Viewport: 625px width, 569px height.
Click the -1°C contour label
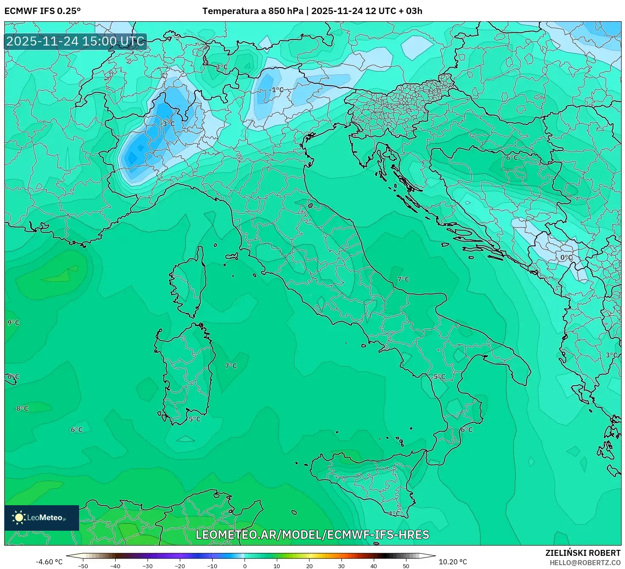pyautogui.click(x=276, y=90)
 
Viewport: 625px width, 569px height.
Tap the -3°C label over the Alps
pyautogui.click(x=168, y=124)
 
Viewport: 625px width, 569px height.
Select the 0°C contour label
pyautogui.click(x=566, y=258)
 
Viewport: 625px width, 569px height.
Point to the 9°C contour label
pyautogui.click(x=13, y=323)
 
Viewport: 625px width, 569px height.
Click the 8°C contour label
pyautogui.click(x=22, y=409)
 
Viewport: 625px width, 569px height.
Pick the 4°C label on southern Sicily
pyautogui.click(x=394, y=514)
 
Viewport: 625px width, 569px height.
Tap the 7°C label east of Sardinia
pyautogui.click(x=231, y=366)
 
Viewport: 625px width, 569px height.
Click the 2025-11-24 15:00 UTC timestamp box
pyautogui.click(x=76, y=42)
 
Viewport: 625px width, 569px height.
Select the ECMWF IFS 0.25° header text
pyautogui.click(x=43, y=11)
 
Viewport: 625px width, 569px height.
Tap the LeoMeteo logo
pyautogui.click(x=42, y=518)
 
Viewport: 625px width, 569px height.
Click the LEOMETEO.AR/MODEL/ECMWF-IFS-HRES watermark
pyautogui.click(x=312, y=535)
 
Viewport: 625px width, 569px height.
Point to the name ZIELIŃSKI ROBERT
pyautogui.click(x=582, y=553)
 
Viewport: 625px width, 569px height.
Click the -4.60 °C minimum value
pyautogui.click(x=49, y=562)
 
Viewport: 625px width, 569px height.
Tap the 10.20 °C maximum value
pyautogui.click(x=453, y=562)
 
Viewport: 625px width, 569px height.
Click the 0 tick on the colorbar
pyautogui.click(x=244, y=566)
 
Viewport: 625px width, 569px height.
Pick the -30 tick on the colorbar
pyautogui.click(x=147, y=566)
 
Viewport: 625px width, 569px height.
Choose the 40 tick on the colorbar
pyautogui.click(x=374, y=566)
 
